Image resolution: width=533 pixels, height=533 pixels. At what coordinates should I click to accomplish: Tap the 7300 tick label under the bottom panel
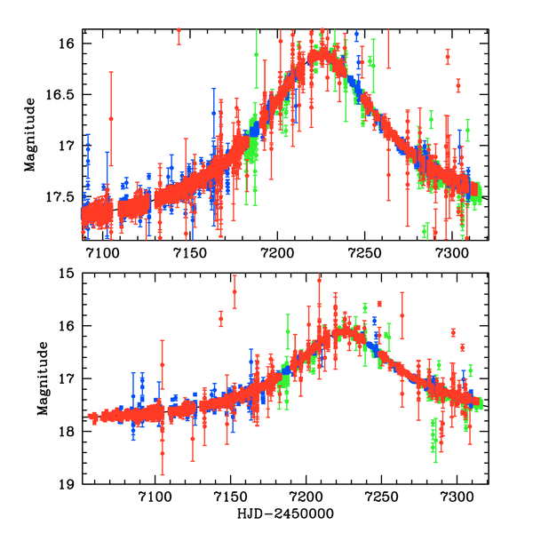[457, 500]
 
